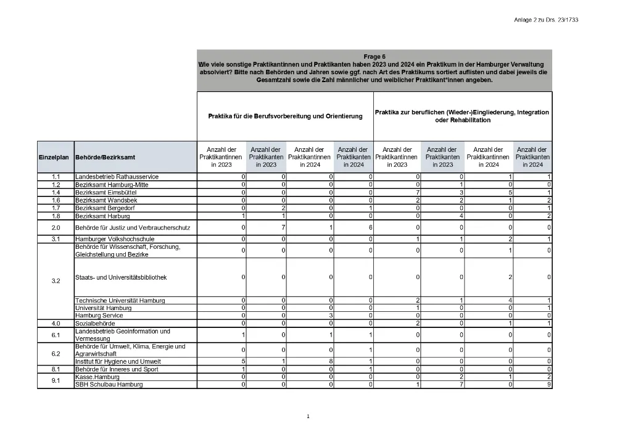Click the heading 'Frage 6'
[375, 56]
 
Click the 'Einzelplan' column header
[54, 157]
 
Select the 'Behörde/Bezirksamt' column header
[105, 157]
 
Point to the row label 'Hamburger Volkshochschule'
[115, 239]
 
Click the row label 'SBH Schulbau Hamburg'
[109, 385]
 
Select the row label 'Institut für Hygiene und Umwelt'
[118, 362]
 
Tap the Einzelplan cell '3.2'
[56, 281]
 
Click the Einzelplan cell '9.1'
[56, 381]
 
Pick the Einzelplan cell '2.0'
[56, 228]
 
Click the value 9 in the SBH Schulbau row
[549, 385]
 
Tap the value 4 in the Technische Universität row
[510, 301]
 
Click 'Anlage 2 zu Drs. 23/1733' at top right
[545, 20]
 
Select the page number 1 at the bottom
[308, 417]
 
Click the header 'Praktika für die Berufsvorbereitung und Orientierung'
[285, 116]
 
